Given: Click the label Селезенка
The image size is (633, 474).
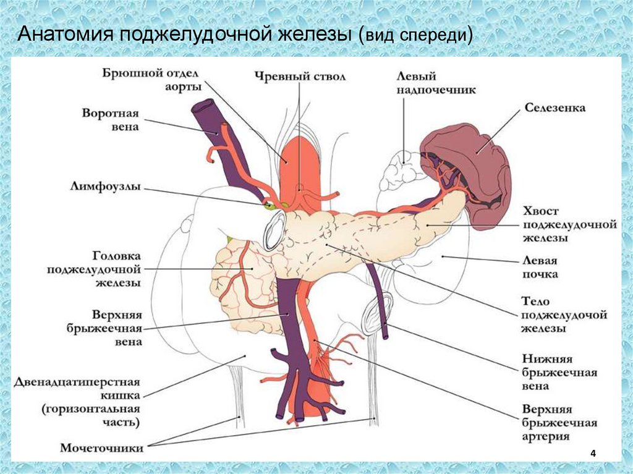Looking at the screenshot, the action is click(554, 108).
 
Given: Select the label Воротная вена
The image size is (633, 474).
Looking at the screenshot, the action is click(109, 120).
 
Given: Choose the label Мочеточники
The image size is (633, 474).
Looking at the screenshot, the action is click(102, 448).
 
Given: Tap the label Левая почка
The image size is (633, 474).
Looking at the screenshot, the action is click(540, 267).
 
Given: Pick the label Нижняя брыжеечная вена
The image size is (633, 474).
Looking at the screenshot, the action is click(559, 373).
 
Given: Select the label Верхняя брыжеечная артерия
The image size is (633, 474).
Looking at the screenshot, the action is click(559, 423).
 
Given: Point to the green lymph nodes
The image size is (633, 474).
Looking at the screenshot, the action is click(271, 205).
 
